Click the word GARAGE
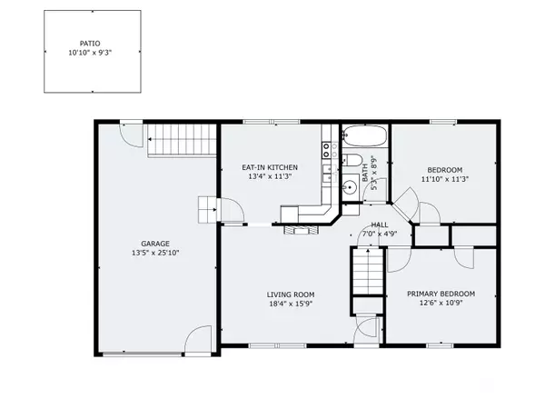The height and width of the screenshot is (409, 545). click(155, 243)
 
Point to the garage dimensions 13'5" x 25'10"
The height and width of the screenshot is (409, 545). click(155, 254)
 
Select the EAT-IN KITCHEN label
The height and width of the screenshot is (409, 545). click(270, 167)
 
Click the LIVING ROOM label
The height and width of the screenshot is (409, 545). click(291, 294)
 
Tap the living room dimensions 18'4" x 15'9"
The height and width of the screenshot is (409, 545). click(291, 304)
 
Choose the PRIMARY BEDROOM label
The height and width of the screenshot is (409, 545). click(441, 294)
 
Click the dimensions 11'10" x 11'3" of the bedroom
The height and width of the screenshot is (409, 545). click(445, 180)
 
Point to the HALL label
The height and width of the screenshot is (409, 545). click(379, 224)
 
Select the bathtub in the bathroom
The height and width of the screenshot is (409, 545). click(365, 138)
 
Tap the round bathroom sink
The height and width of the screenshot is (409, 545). click(350, 188)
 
